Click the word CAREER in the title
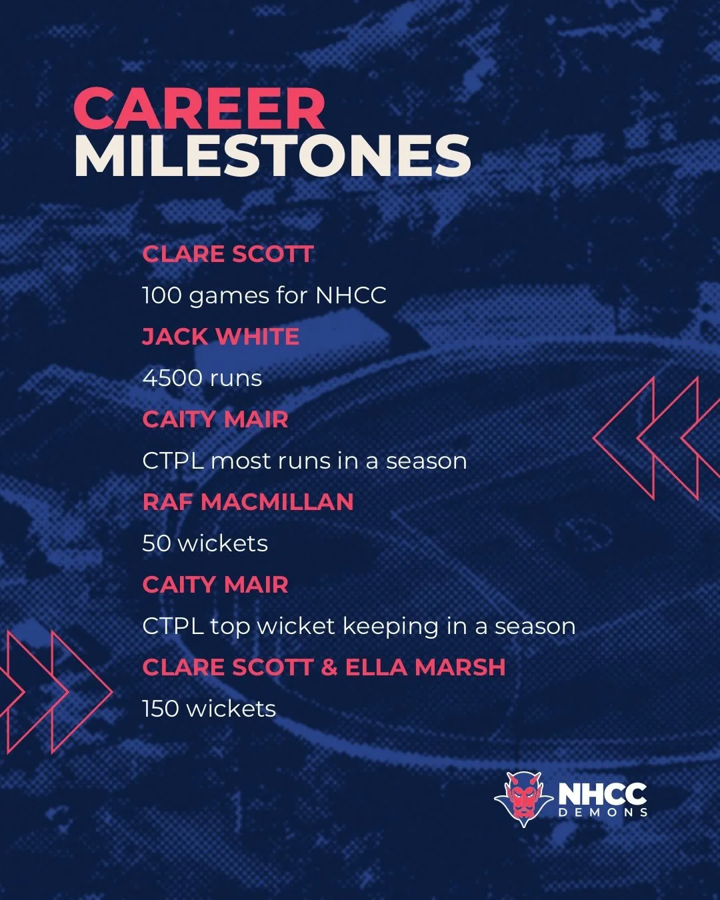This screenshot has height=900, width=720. (x=199, y=109)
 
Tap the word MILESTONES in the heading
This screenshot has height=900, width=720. (x=272, y=156)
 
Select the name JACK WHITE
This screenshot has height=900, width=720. (x=221, y=337)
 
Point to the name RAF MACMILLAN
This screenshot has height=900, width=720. (x=248, y=502)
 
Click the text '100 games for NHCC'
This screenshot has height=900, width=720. (x=264, y=295)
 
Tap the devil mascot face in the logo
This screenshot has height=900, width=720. (x=523, y=797)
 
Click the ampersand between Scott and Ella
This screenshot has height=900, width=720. (x=329, y=667)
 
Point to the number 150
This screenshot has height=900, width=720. (x=161, y=709)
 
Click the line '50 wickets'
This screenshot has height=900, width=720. (x=205, y=543)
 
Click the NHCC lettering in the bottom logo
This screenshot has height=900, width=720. (x=602, y=793)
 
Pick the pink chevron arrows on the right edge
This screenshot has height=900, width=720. (x=657, y=438)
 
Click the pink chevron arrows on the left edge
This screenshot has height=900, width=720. (x=50, y=692)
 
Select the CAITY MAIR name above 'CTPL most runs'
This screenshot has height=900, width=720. (x=215, y=419)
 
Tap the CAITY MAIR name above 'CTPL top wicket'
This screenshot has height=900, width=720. (x=215, y=585)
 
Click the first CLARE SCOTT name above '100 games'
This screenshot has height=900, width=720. (x=227, y=254)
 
